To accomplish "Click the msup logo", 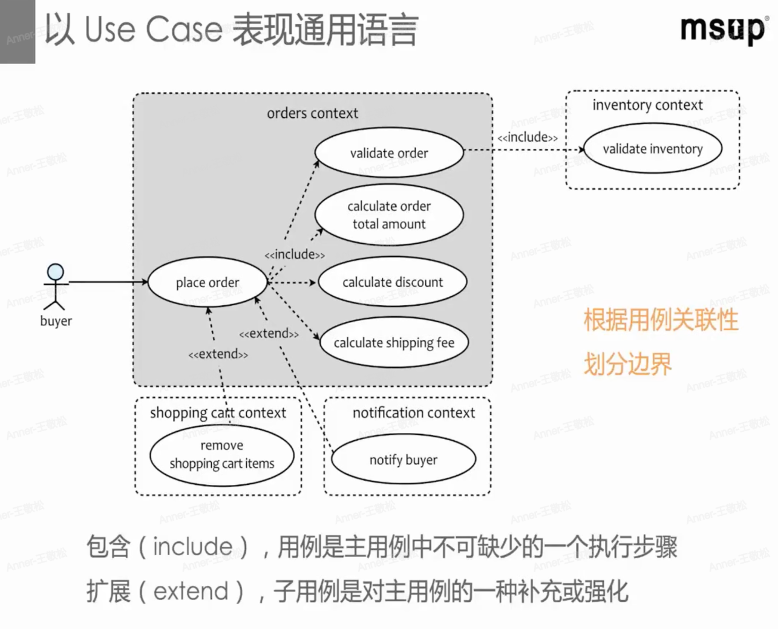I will coord(722,28).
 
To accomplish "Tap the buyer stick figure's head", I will coord(56,272).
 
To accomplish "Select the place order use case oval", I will coord(207,282).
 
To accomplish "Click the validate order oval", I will coord(388,153).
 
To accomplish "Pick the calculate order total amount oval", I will coord(388,215).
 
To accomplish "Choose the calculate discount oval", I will coord(392,282).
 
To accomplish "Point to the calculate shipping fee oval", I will coord(394,343).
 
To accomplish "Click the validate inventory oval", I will coord(652,149).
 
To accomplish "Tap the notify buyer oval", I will coord(403,460).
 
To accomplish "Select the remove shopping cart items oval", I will coord(221,455).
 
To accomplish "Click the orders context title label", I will coord(312,113).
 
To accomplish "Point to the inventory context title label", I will coord(647,105).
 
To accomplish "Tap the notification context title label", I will coord(414,412).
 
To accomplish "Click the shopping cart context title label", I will coord(218,413).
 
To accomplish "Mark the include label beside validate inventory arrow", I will coord(528,137).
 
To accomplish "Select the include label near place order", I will coord(295,255).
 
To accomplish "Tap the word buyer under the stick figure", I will coord(56,321).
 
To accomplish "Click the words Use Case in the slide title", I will coord(153,30).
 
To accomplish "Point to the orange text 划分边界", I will coord(627,365).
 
